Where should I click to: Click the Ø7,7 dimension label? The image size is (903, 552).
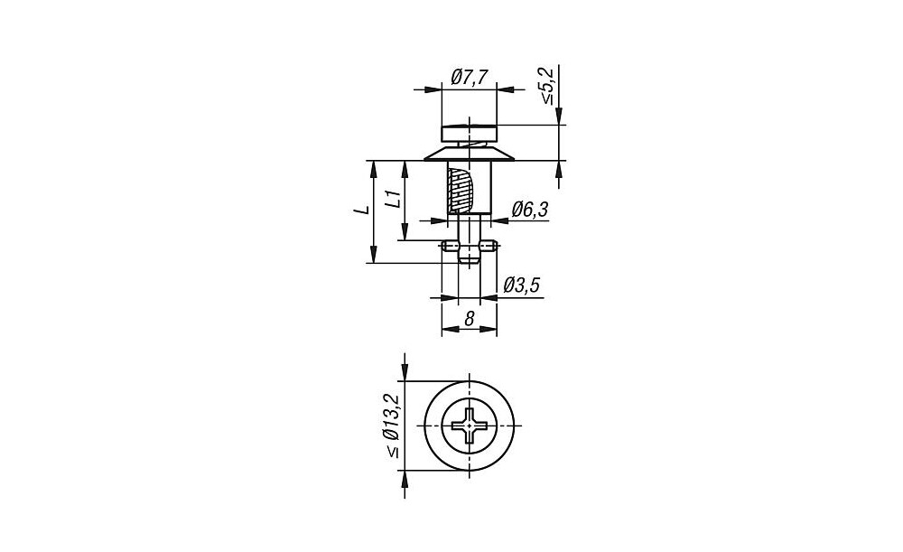click(x=470, y=77)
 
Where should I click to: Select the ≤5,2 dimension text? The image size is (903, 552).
click(x=546, y=86)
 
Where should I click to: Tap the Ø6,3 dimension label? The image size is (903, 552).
click(x=529, y=210)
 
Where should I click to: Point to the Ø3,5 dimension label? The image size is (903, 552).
click(x=522, y=285)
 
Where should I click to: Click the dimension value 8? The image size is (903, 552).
click(x=470, y=319)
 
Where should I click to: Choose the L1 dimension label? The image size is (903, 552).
click(x=394, y=199)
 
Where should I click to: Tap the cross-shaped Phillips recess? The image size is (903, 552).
click(x=470, y=426)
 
